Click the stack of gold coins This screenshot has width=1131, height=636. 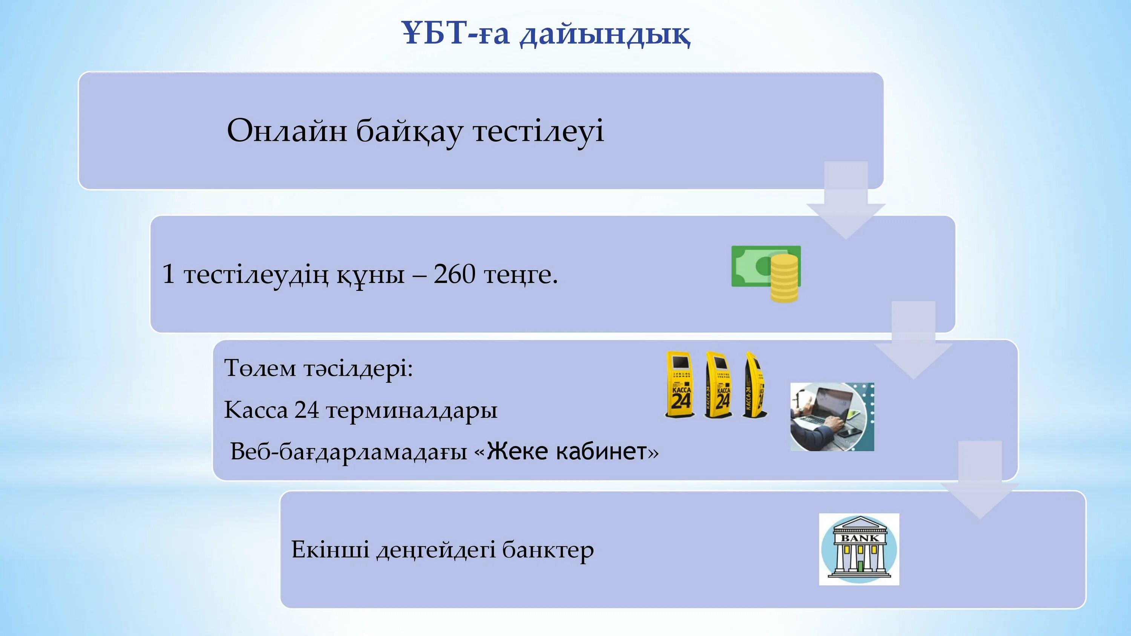pos(785,278)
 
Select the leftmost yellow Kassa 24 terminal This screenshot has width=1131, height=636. pos(680,384)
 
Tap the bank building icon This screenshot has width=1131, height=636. pos(859,549)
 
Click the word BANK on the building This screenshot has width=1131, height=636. pos(859,538)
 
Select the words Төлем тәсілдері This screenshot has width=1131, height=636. pos(318,368)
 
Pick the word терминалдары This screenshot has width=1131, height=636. pos(412,411)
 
